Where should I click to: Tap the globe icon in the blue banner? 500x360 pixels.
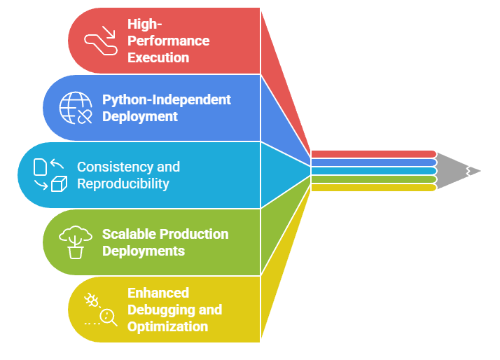tap(76, 108)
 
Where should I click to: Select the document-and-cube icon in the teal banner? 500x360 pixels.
tap(50, 175)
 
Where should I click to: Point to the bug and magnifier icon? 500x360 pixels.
tap(101, 310)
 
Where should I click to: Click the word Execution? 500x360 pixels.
tap(158, 57)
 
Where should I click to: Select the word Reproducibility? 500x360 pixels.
tap(123, 184)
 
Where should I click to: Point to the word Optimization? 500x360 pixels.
tap(167, 326)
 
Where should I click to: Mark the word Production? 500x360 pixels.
tap(195, 234)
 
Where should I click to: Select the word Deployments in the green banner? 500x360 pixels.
tap(144, 251)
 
